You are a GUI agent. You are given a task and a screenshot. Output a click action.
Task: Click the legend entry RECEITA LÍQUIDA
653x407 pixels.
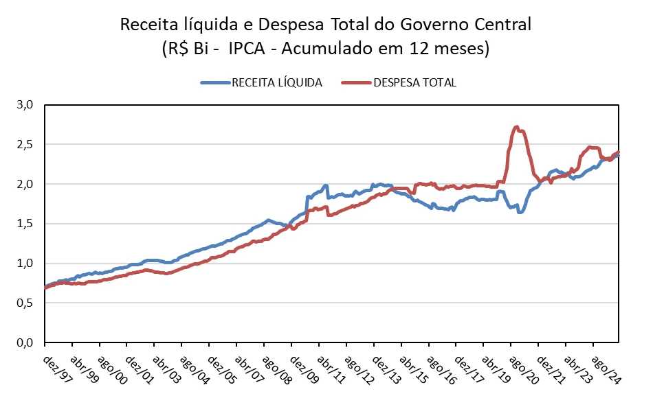[276, 82]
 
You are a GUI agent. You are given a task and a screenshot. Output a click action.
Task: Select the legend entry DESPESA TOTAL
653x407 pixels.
[415, 82]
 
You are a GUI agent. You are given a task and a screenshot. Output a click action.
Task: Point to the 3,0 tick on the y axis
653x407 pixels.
[25, 105]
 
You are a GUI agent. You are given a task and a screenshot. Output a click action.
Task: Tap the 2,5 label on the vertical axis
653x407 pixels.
[25, 145]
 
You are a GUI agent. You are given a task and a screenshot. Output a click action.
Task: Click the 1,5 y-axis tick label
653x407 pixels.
[25, 224]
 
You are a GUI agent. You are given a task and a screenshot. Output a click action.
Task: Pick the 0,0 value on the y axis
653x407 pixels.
[25, 342]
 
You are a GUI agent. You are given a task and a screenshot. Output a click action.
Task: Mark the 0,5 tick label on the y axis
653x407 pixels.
[25, 303]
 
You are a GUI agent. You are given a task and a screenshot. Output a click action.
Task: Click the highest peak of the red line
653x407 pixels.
[516, 127]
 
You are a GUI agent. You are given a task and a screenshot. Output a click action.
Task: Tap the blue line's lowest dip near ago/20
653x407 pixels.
[520, 212]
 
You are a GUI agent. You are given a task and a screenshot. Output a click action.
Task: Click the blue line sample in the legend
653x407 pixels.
[214, 82]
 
